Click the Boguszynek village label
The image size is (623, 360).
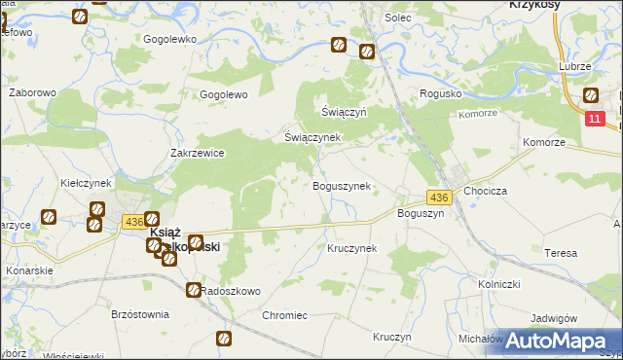340,186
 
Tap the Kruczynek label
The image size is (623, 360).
351,248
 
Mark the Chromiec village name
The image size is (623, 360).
284,315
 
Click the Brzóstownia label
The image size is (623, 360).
140,315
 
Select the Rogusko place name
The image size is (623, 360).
438,93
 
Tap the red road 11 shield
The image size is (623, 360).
596,118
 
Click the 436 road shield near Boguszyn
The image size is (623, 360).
439,198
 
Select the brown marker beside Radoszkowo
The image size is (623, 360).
194,289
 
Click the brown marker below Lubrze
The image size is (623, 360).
590,95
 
